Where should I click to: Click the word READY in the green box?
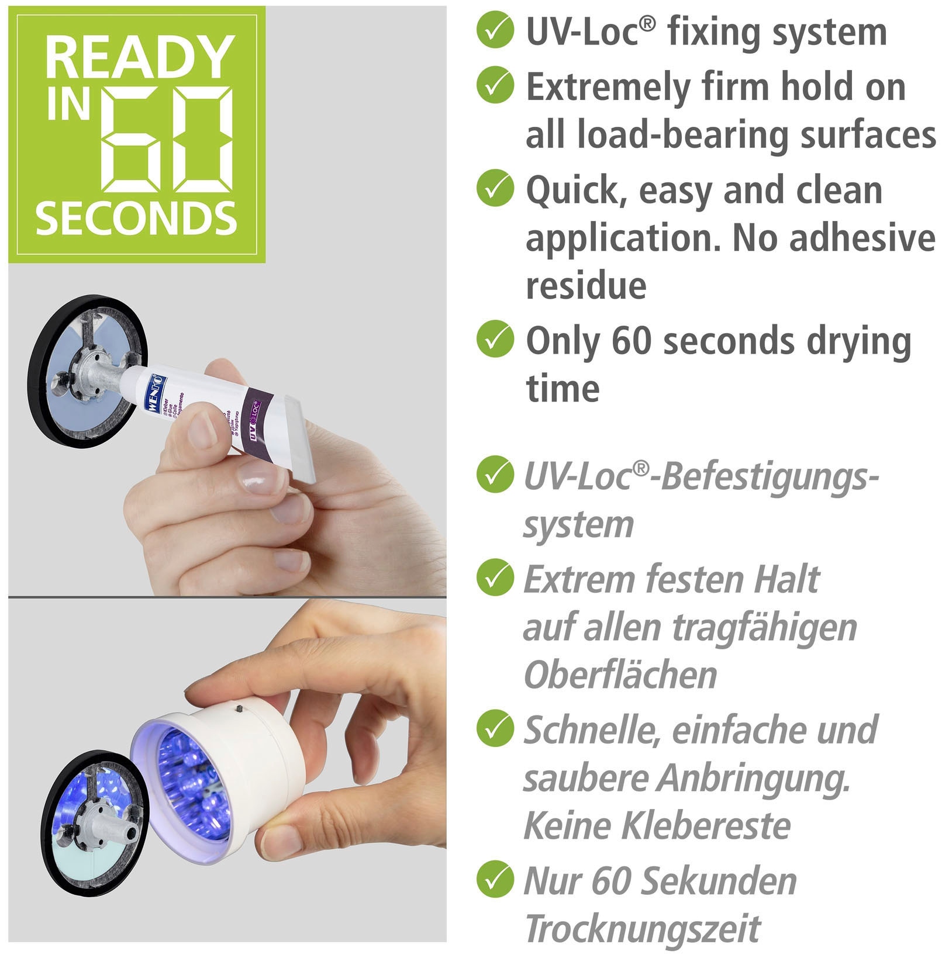[139, 57]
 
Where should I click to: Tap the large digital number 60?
[168, 140]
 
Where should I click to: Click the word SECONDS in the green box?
[136, 219]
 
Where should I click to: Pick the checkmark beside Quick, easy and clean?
[495, 188]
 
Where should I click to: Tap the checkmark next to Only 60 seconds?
[495, 339]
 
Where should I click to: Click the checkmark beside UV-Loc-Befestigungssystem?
[495, 475]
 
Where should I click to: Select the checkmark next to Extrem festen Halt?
[495, 577]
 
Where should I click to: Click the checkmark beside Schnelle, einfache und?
[495, 728]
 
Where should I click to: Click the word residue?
[586, 286]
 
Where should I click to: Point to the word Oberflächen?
[620, 675]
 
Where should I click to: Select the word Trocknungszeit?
[643, 928]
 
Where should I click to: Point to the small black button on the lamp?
[239, 708]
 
